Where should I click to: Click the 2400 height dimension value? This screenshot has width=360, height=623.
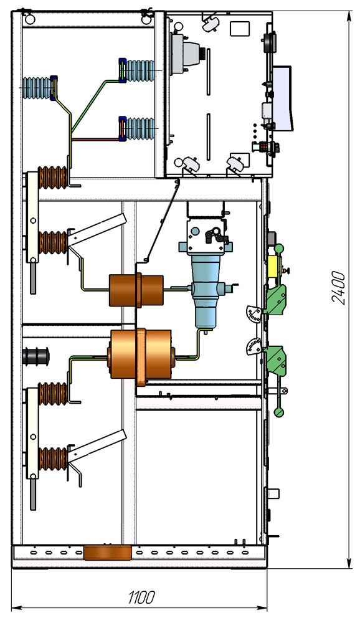[x=338, y=288]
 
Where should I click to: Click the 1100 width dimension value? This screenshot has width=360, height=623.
[x=141, y=597]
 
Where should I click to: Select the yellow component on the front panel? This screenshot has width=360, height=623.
[x=274, y=266]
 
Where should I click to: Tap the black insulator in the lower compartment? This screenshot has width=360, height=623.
[x=36, y=356]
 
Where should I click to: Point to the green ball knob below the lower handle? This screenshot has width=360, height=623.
[x=279, y=412]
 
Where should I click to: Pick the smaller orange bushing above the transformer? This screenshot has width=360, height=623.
[x=136, y=290]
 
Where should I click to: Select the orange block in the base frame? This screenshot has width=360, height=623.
[x=107, y=553]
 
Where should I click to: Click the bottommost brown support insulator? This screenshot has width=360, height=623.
[x=53, y=459]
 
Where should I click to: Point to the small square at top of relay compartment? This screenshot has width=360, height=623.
[x=240, y=29]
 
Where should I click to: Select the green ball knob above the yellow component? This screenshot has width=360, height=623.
[x=279, y=249]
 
